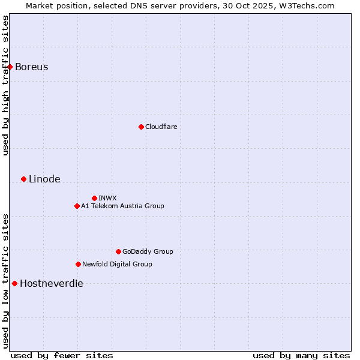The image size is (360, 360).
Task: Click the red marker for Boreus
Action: pos(10,67)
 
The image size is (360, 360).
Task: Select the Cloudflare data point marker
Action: pos(141,127)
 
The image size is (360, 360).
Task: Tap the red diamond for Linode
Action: pos(23,179)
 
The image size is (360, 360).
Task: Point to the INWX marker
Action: pos(94,198)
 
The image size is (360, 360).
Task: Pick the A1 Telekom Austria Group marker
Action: pos(77,206)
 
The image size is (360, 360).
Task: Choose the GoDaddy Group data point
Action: pos(118,251)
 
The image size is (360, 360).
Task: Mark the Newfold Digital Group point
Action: pos(78,264)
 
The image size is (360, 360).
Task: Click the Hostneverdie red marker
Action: pos(14,283)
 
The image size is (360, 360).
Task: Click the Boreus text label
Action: pos(31,67)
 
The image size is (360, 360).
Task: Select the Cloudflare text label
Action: pos(161,127)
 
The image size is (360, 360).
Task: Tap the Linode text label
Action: pos(44,179)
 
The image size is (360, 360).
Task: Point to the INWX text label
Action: pos(107,198)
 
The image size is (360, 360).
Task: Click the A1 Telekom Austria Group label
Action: pos(122,206)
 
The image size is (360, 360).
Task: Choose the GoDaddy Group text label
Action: pos(148,251)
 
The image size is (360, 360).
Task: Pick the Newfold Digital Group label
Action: pos(117,264)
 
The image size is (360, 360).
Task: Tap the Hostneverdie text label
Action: pos(52,283)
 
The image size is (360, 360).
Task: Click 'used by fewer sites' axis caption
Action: pos(62,355)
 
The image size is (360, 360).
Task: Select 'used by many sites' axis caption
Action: pos(301,355)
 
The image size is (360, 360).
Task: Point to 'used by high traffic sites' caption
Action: pos(5,85)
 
